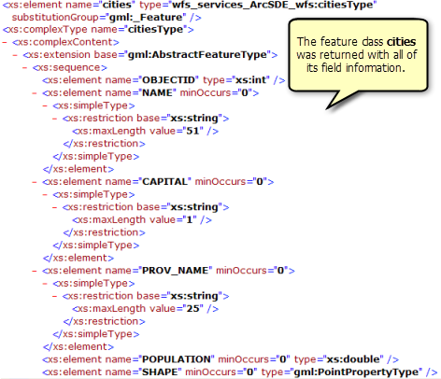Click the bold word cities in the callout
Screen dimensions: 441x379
[402, 41]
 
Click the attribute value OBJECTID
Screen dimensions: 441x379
[168, 80]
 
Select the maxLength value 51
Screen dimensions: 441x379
[192, 131]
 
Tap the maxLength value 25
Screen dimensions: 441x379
[192, 308]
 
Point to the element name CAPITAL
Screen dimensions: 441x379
[164, 181]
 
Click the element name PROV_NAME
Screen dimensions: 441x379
[176, 270]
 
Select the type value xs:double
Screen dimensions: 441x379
[353, 359]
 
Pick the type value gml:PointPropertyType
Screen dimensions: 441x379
[358, 372]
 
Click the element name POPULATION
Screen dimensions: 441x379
[177, 359]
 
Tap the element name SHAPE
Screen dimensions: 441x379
[160, 372]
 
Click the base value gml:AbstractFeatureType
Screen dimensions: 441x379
[197, 54]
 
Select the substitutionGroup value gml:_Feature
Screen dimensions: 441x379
[147, 17]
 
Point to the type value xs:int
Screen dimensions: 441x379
[251, 80]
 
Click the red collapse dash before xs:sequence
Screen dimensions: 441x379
[25, 67]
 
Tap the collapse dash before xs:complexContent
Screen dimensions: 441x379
[5, 42]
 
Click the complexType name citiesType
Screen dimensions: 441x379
[155, 30]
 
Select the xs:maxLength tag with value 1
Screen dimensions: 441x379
[142, 219]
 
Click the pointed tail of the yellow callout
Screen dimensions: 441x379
[327, 109]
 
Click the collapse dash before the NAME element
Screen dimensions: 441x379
[35, 92]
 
